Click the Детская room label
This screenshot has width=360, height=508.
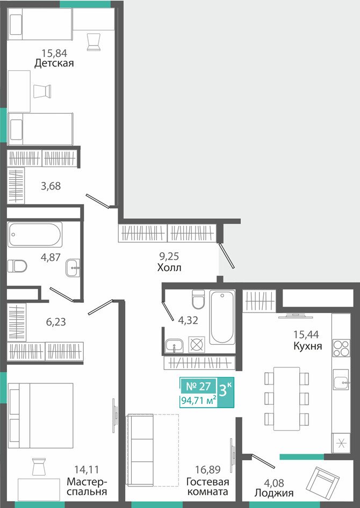coord(54,63)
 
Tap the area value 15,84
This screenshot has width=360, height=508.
coord(54,53)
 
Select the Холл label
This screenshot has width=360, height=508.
coord(169,267)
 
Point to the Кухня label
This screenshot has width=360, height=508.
coord(307,346)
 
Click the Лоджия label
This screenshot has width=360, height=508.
coord(274,493)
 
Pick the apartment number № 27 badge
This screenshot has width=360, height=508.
coord(199,386)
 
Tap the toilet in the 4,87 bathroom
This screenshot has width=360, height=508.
coord(17,266)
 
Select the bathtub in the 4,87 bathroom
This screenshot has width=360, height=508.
coord(35,234)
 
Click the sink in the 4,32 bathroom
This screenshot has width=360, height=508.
coord(174,346)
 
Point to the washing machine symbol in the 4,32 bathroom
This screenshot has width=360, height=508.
coord(197,344)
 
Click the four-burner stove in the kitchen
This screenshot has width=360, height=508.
coord(342,349)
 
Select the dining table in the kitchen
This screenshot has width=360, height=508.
coord(286,399)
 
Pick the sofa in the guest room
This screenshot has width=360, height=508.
coord(140,450)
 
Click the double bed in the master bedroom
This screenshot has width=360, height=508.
coord(41,416)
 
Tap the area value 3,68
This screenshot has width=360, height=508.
coord(51,186)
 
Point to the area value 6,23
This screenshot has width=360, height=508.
coord(56,322)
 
